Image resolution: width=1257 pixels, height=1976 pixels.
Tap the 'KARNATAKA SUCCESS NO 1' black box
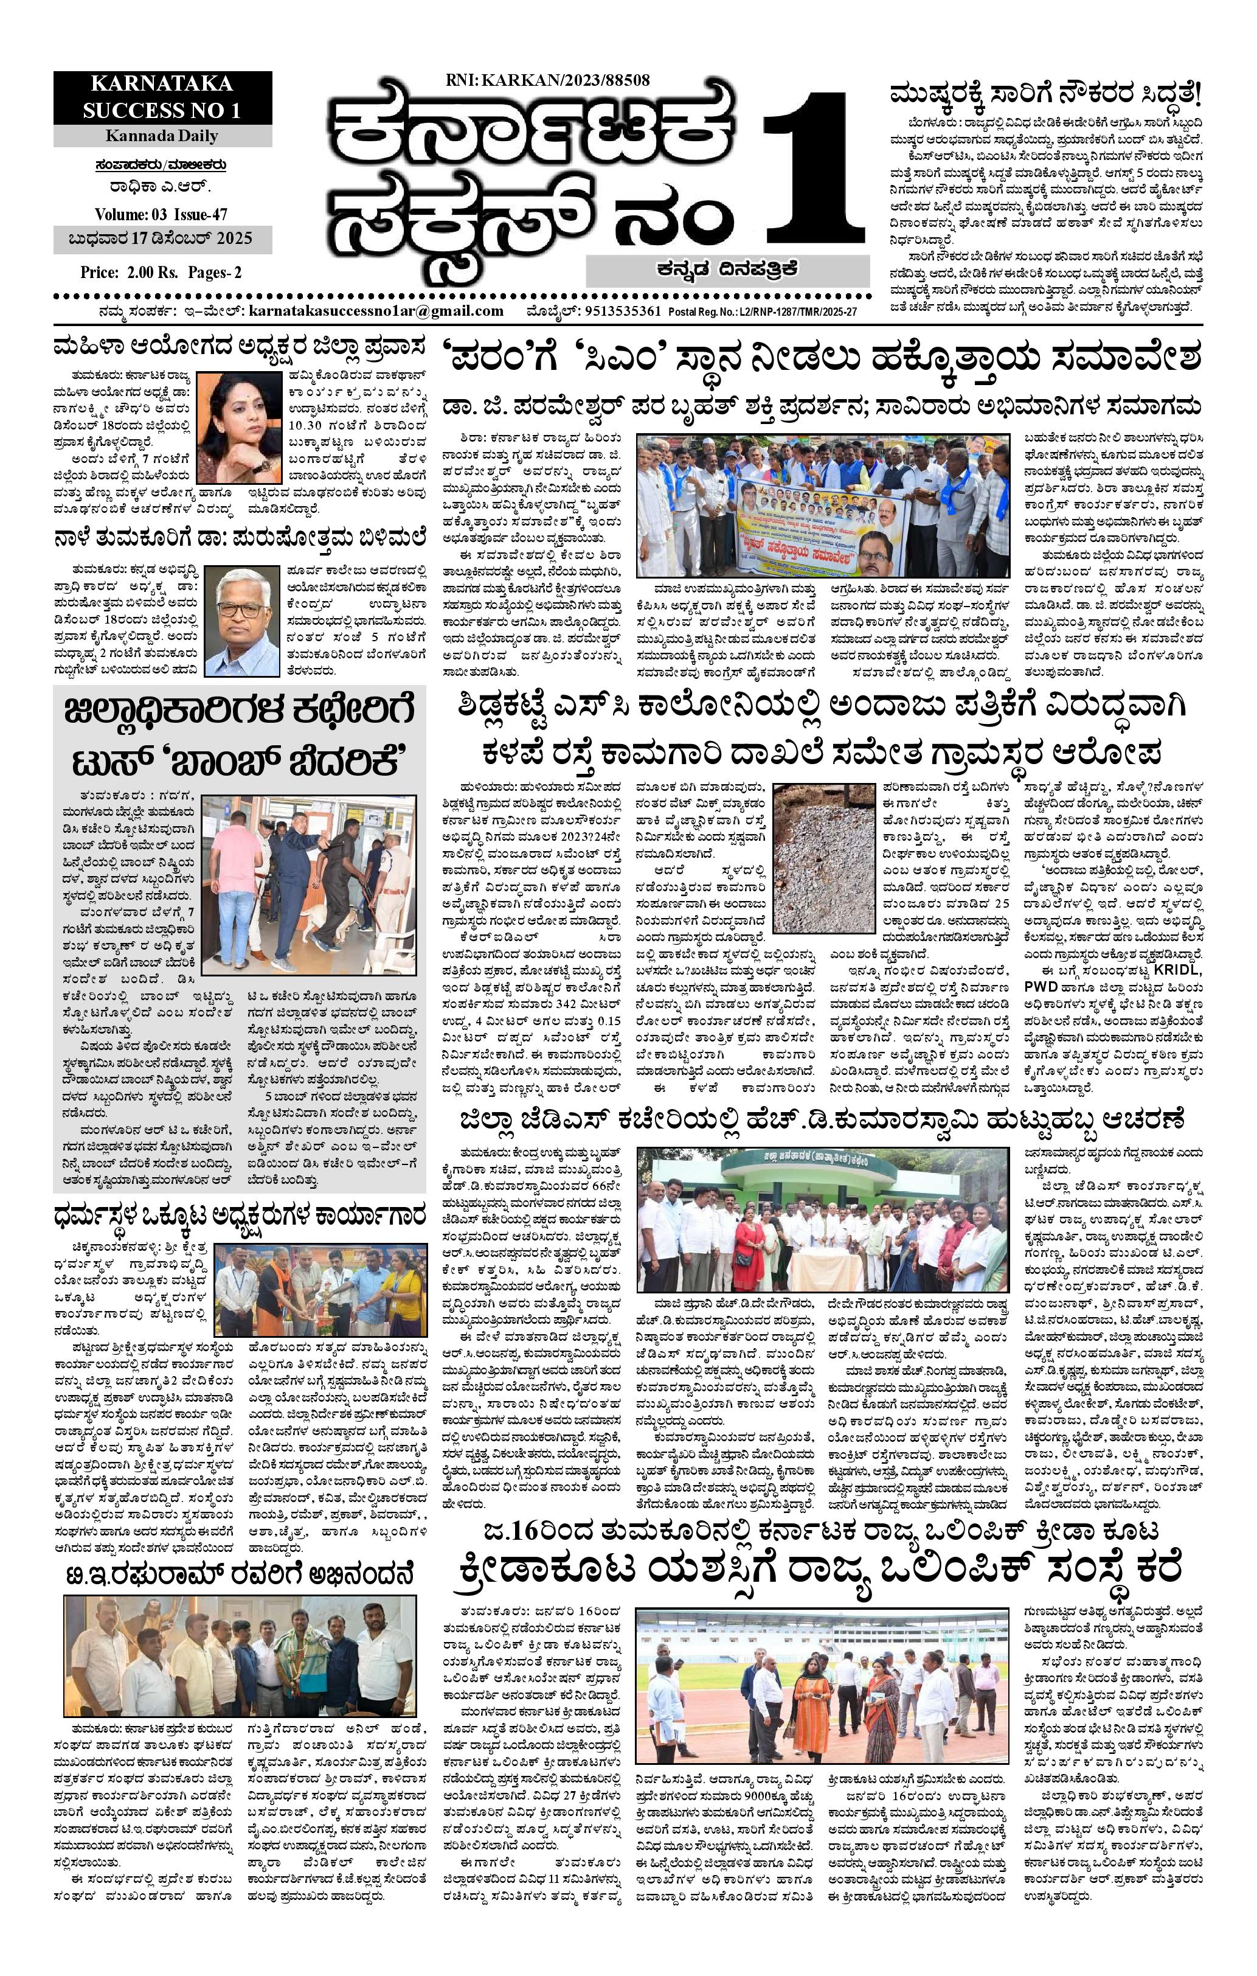coord(162,97)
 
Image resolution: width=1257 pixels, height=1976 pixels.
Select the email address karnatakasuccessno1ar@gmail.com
coord(375,311)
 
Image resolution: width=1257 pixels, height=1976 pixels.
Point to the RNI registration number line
coord(548,80)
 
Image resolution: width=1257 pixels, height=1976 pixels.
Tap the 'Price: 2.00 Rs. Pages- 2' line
coord(150,273)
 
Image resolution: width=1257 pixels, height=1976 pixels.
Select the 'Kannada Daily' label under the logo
coord(162,136)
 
